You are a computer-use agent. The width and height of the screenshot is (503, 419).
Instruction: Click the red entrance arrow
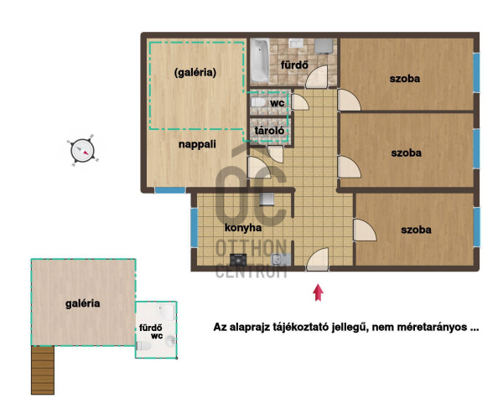pos(318,292)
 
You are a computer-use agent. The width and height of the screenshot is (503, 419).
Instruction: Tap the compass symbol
pos(82,150)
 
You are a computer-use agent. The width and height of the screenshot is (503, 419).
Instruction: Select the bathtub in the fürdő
pos(260,60)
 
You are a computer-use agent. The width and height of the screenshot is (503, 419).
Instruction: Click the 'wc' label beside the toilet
pos(277,103)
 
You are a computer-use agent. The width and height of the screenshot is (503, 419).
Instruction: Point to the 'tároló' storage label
pos(269,131)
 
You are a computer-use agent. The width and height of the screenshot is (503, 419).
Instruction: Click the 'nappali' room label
pos(197,144)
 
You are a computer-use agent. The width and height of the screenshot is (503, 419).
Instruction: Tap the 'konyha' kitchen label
pos(243,228)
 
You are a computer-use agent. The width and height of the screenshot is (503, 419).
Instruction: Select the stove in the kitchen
pos(238,259)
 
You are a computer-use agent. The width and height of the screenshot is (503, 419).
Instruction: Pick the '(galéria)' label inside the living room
pos(195,72)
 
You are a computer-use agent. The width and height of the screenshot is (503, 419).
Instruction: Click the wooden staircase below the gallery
pos(43,370)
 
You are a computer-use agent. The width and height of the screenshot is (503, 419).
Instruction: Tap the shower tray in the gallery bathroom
pos(167,312)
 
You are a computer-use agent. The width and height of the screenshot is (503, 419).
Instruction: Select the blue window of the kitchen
pos(194,228)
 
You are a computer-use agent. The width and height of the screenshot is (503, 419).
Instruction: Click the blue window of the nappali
pos(170,190)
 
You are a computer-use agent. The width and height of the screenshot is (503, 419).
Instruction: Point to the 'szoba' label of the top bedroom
pos(405,79)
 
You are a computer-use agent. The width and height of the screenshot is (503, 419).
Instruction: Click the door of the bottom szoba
pos(365,230)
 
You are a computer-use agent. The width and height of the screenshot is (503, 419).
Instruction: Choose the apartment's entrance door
pos(318,259)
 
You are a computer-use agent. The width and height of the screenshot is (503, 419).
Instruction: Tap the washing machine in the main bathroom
pos(324,46)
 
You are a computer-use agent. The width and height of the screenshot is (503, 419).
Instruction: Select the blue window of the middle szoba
pos(476,149)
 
